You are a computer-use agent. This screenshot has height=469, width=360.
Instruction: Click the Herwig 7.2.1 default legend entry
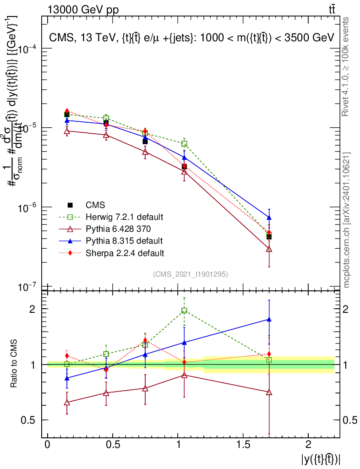(124, 217)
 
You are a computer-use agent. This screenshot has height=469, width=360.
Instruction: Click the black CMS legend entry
(95, 205)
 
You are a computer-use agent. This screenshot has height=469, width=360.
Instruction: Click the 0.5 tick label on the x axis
(113, 445)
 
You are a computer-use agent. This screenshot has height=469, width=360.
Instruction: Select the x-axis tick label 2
(308, 445)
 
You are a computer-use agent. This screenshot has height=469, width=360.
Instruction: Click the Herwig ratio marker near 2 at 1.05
(184, 311)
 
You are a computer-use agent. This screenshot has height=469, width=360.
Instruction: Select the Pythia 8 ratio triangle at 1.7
(269, 320)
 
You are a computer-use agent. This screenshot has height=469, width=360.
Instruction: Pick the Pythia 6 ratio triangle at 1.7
(269, 393)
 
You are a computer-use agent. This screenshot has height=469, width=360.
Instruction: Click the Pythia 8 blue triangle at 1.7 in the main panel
(269, 218)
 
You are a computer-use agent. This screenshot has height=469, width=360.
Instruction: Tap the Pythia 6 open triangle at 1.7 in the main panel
(269, 249)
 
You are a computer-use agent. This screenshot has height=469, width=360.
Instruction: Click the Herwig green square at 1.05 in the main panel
(184, 143)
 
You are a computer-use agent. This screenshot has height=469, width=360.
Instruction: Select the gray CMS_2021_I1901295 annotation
(191, 274)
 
